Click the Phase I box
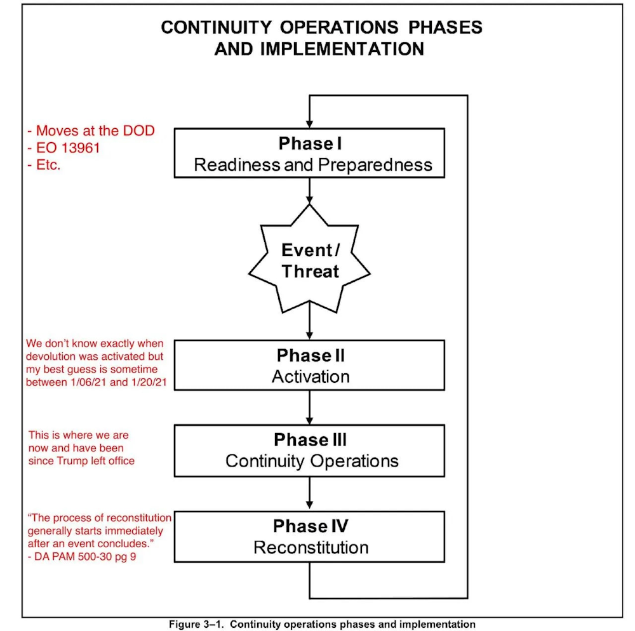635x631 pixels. [309, 153]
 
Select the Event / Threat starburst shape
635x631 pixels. [309, 260]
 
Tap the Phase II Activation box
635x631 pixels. [309, 365]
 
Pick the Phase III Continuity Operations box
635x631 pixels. [309, 450]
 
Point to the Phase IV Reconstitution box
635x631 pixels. [309, 536]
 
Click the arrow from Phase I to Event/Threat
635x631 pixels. [309, 190]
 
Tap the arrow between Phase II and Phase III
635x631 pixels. [309, 407]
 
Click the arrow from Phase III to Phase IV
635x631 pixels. [309, 493]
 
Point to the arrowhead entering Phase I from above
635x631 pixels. [309, 123]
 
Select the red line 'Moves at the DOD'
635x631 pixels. [91, 131]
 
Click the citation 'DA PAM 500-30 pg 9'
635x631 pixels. [78, 557]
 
